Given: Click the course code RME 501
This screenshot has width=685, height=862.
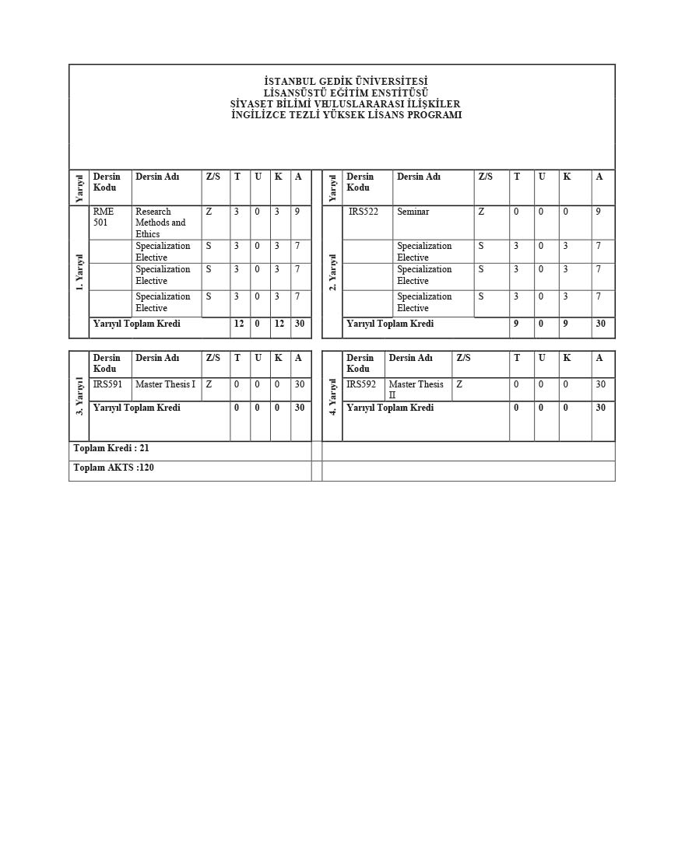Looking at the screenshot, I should tap(104, 217).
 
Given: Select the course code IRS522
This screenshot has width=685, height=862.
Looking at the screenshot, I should tap(363, 212).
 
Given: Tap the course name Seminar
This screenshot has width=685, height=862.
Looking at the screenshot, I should tap(413, 212).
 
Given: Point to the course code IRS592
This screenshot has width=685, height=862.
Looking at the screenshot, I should tap(361, 384).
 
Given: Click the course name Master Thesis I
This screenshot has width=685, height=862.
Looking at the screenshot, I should tap(165, 384).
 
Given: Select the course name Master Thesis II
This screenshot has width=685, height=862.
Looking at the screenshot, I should tap(416, 389).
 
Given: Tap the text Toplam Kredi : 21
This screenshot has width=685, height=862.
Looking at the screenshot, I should tap(111, 448).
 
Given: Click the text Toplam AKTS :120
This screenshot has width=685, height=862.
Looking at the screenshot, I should tap(114, 468).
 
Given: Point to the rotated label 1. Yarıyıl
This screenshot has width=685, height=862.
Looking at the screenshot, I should tap(79, 272).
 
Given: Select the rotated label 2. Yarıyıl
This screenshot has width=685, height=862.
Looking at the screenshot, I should tap(332, 272).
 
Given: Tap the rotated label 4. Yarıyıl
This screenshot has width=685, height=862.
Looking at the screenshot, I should tap(332, 396).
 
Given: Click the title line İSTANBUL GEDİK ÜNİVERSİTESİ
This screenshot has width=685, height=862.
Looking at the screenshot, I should tap(346, 82).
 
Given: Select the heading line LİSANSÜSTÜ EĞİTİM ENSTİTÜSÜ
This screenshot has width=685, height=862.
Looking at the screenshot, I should tap(346, 93).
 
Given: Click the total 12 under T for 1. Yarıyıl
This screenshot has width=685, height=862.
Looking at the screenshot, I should tap(239, 324).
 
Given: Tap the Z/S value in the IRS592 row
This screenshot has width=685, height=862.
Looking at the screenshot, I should tap(459, 384).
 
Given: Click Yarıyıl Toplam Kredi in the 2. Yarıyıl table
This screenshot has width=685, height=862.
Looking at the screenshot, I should tap(390, 324).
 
